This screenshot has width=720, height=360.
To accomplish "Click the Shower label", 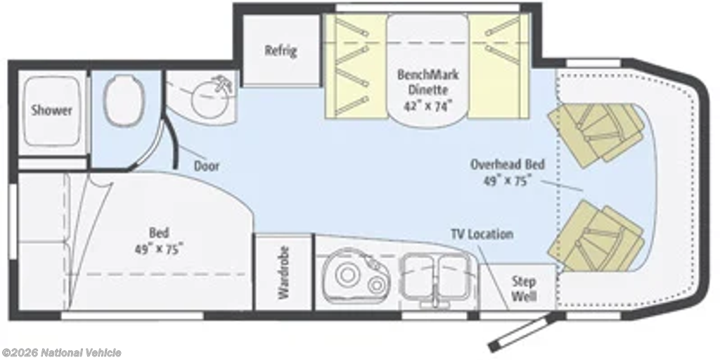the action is pyautogui.click(x=52, y=110).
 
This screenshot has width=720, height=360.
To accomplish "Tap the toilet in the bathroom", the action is pyautogui.click(x=124, y=101).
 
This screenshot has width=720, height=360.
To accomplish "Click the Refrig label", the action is pyautogui.click(x=281, y=50).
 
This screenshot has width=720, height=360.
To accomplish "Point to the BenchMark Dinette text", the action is pyautogui.click(x=428, y=82).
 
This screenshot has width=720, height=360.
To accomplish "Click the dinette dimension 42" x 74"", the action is pyautogui.click(x=428, y=106).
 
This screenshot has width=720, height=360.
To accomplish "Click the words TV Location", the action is pyautogui.click(x=482, y=234).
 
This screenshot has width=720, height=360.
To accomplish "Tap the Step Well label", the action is pyautogui.click(x=524, y=289).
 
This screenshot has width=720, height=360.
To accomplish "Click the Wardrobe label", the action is pyautogui.click(x=284, y=273).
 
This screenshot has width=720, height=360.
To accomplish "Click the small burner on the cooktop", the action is pyautogui.click(x=376, y=285).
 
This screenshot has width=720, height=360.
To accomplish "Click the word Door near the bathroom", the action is pyautogui.click(x=206, y=166).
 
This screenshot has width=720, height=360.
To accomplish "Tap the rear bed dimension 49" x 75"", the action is pyautogui.click(x=159, y=250).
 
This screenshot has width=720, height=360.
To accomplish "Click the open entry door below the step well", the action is pyautogui.click(x=525, y=331).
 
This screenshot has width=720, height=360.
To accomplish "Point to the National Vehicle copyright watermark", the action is pyautogui.click(x=61, y=353).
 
